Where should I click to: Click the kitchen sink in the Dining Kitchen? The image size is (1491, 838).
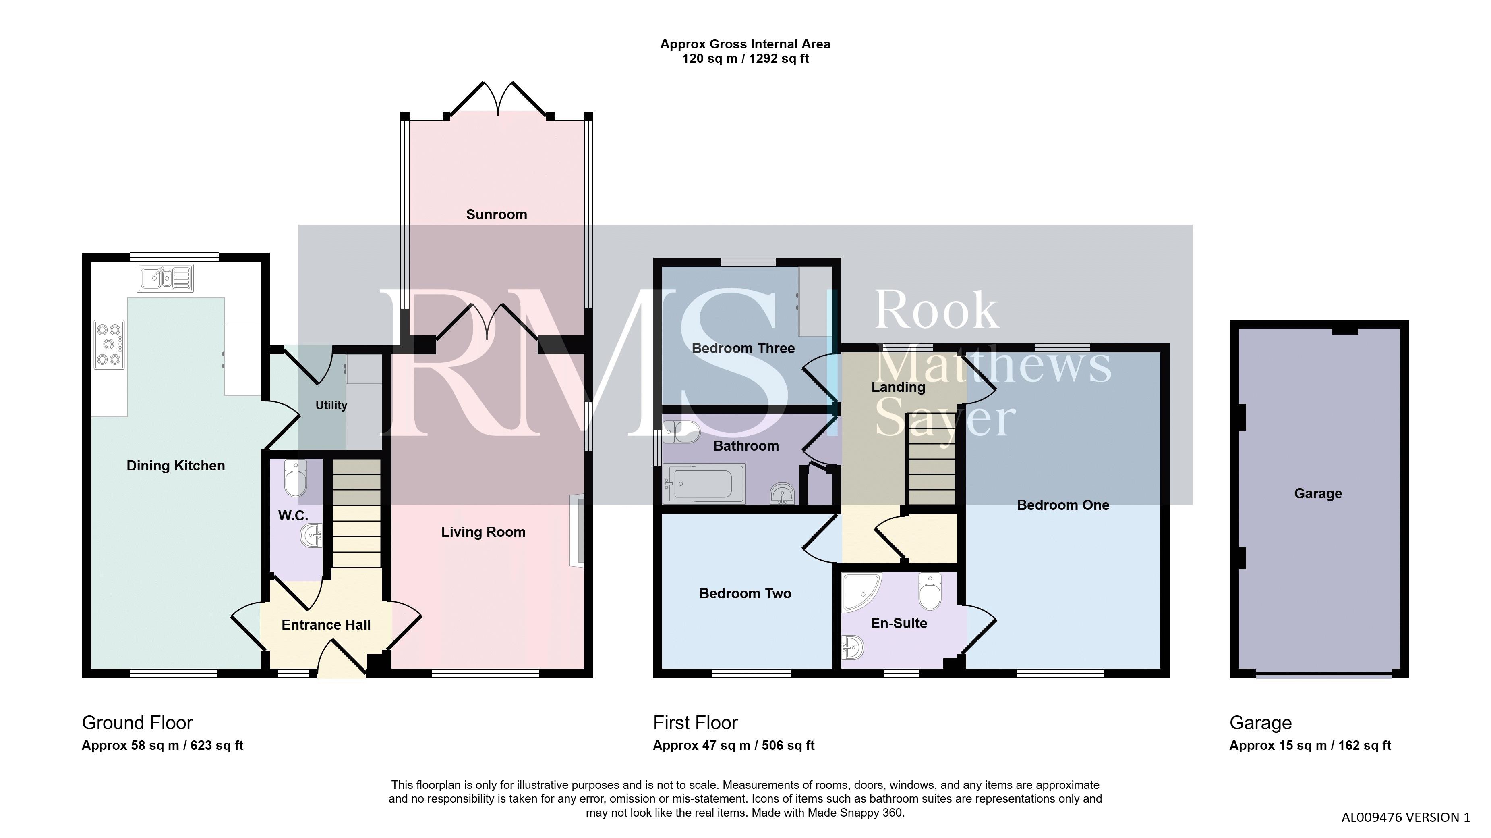[x=165, y=278]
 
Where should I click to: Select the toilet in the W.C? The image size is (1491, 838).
[x=295, y=478]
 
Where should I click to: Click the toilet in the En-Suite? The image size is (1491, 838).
[x=930, y=591]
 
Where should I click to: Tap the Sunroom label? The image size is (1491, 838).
[x=497, y=214]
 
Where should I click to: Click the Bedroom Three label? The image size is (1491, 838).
[x=743, y=348]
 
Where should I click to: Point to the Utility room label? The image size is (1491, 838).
[x=331, y=405]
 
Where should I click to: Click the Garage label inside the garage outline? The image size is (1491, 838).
[x=1318, y=493]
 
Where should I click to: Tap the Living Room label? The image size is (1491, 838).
[x=483, y=532]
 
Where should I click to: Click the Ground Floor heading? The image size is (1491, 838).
[x=137, y=723]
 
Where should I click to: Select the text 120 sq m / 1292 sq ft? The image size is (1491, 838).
[x=745, y=58]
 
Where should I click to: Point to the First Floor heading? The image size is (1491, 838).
[x=695, y=723]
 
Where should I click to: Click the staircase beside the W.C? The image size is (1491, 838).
[x=356, y=513]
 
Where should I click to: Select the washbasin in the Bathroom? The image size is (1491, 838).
[x=783, y=494]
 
